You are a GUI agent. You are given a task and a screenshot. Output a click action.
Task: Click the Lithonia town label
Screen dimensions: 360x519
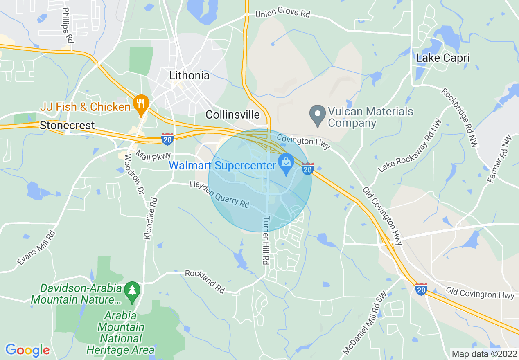pos(189,76)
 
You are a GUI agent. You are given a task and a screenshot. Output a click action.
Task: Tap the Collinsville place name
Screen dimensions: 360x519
pos(232,115)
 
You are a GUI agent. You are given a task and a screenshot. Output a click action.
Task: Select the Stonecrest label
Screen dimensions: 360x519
pos(67,126)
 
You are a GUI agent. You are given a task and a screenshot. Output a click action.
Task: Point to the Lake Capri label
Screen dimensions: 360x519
pos(442,58)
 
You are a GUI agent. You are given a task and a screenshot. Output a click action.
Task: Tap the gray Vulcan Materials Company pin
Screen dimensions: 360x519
pos(317,115)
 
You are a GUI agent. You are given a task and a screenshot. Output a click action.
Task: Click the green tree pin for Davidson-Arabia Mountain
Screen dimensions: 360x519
pos(132,292)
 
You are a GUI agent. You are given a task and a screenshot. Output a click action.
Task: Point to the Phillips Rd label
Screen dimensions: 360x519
pos(68,25)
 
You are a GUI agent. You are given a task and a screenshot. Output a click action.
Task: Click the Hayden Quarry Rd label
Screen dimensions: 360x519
pos(219,194)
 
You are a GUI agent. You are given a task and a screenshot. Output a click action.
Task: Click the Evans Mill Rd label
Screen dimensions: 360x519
pos(36,248)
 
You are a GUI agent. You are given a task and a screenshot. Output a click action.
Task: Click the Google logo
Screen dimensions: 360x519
pos(27,350)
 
